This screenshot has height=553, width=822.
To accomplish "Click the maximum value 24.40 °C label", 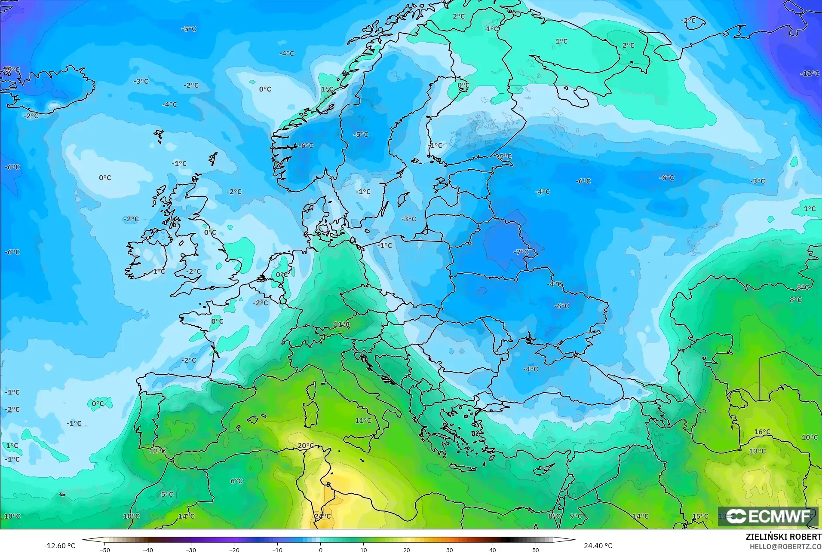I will point(598,546).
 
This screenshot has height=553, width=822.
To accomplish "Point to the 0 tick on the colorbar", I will point(320,550).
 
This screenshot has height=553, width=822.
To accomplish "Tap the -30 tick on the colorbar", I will point(191,550).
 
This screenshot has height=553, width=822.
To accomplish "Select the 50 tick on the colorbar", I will point(536,550).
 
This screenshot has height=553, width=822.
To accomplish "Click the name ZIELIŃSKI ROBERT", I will point(783,538).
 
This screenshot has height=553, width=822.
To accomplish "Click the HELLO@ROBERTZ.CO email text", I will point(786,547).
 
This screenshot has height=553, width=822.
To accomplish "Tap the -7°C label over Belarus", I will point(521,252).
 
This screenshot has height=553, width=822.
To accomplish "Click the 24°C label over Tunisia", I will point(322,516).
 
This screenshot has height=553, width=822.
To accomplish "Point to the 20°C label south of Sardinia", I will point(306,446).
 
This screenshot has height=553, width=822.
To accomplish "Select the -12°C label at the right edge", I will point(810,73).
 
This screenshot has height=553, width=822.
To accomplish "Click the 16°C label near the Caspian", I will point(762,432).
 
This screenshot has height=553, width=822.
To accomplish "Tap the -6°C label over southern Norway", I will point(306,146).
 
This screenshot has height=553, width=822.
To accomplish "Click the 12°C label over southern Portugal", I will point(157,451).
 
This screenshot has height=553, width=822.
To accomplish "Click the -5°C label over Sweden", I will point(361,134).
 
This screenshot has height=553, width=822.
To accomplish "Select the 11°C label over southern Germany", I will point(341,324).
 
